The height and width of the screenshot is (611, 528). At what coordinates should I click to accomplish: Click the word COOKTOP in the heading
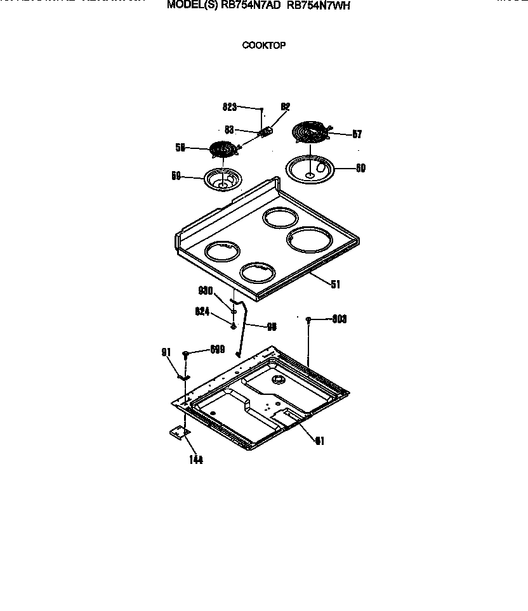263,46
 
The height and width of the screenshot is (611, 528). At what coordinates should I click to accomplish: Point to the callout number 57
357,134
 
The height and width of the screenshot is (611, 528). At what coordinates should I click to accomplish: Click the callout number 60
360,169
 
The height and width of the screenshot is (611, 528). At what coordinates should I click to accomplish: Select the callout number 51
335,285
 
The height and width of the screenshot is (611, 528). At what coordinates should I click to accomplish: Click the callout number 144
195,460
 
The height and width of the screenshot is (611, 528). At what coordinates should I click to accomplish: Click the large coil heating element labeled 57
309,134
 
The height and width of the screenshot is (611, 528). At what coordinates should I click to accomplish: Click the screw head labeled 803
308,321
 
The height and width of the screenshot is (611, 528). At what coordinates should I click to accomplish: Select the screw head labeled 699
185,353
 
